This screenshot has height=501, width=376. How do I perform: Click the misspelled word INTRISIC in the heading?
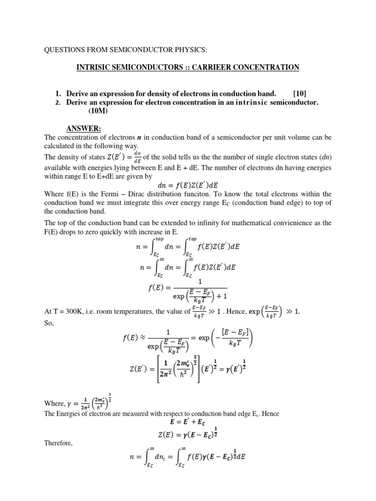pyautogui.click(x=96, y=67)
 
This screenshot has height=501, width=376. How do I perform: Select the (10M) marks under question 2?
pyautogui.click(x=98, y=111)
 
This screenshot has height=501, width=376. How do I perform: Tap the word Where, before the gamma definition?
pyautogui.click(x=54, y=404)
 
